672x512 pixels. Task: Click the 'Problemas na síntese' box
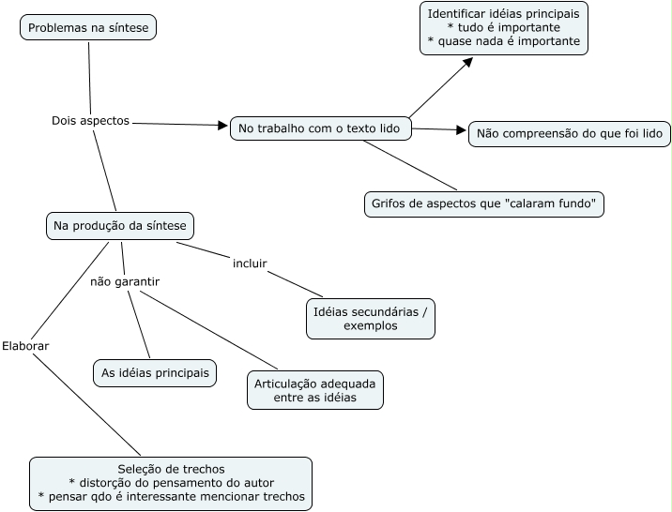pyautogui.click(x=88, y=27)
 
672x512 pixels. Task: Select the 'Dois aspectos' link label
pyautogui.click(x=90, y=121)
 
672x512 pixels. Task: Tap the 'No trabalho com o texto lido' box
pyautogui.click(x=321, y=128)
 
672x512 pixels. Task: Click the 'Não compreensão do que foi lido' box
pyautogui.click(x=570, y=133)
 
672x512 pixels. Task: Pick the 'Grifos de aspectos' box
pyautogui.click(x=484, y=204)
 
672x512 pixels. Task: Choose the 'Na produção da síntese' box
pyautogui.click(x=120, y=226)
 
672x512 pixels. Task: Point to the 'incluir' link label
pyautogui.click(x=250, y=264)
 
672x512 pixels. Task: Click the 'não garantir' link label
pyautogui.click(x=125, y=281)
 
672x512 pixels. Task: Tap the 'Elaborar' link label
pyautogui.click(x=25, y=346)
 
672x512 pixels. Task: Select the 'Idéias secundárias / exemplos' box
pyautogui.click(x=371, y=319)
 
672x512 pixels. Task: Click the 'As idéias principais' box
pyautogui.click(x=155, y=373)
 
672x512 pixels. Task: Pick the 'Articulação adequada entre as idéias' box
pyautogui.click(x=315, y=390)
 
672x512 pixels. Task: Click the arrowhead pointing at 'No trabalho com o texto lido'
pyautogui.click(x=222, y=125)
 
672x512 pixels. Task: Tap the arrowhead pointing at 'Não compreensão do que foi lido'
pyautogui.click(x=461, y=129)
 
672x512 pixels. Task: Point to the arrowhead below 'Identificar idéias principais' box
pyautogui.click(x=468, y=63)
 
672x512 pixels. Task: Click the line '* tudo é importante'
pyautogui.click(x=504, y=27)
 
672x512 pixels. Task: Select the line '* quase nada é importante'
pyautogui.click(x=504, y=41)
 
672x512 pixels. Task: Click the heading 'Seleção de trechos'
pyautogui.click(x=171, y=469)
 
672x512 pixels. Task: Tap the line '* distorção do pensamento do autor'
pyautogui.click(x=171, y=483)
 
